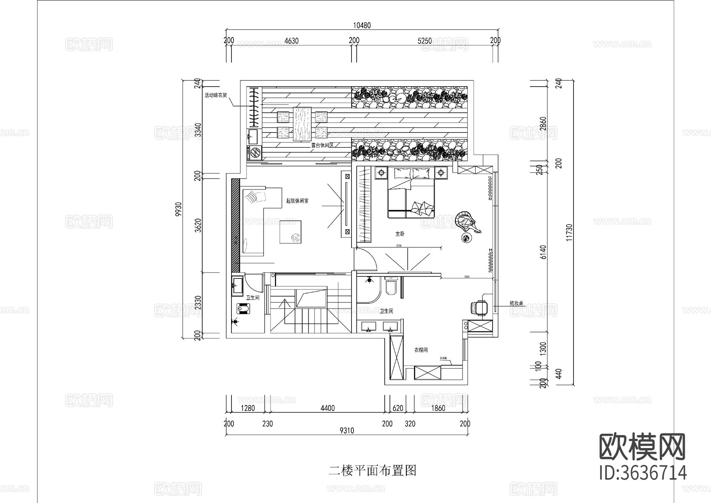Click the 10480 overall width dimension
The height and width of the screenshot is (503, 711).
[361, 26]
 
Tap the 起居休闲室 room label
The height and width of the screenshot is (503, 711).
[297, 201]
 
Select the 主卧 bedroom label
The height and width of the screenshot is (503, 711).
[400, 234]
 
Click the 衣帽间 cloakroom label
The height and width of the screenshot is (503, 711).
[421, 350]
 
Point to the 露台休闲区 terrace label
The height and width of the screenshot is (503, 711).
[323, 145]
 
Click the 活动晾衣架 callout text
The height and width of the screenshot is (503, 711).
[215, 95]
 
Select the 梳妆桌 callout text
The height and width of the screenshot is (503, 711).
[516, 303]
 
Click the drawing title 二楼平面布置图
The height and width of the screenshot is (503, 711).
[372, 471]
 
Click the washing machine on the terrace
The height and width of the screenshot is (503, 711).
[255, 153]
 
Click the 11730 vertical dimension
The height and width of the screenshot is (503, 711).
[569, 233]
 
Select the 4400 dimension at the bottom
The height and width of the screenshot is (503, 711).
[327, 408]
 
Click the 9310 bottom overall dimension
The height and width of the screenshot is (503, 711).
[346, 431]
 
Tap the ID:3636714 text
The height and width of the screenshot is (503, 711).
[643, 473]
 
